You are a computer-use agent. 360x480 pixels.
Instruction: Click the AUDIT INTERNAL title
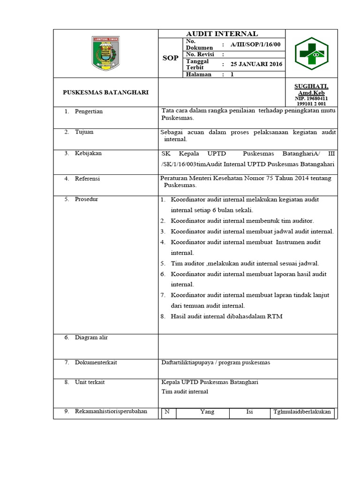(x=222, y=34)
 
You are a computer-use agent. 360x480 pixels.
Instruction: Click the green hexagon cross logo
(x=311, y=53)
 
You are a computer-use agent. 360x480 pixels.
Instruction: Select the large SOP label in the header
(x=170, y=58)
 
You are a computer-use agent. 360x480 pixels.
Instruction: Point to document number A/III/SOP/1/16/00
(x=255, y=45)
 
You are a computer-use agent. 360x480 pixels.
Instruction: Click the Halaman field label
(x=199, y=74)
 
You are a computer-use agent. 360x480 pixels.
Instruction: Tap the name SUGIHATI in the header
(x=311, y=86)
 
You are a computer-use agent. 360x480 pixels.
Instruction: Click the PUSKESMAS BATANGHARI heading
(x=105, y=92)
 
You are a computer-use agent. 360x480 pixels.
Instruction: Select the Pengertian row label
(x=89, y=112)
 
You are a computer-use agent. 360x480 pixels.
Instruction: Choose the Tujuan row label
(x=84, y=132)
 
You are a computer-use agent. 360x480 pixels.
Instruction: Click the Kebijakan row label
(x=88, y=153)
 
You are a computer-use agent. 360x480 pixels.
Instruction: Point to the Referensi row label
(x=87, y=179)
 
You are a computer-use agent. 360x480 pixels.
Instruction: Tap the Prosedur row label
(x=86, y=199)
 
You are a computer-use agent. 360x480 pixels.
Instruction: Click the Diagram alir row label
(x=91, y=337)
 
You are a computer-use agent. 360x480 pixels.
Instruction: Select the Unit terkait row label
(x=90, y=382)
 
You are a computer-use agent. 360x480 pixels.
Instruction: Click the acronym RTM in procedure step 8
(x=275, y=316)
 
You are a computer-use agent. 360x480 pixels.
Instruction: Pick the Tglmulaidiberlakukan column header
(x=302, y=412)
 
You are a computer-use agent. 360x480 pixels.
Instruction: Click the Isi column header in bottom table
(x=249, y=412)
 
